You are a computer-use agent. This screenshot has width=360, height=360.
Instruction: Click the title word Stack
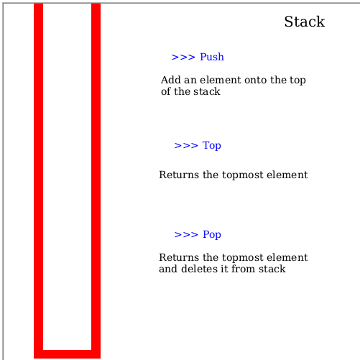pyautogui.click(x=305, y=22)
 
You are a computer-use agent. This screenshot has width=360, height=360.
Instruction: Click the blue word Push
pyautogui.click(x=212, y=57)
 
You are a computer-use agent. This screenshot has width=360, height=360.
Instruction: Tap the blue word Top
pyautogui.click(x=212, y=146)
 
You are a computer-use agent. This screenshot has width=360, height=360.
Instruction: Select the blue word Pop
pyautogui.click(x=212, y=234)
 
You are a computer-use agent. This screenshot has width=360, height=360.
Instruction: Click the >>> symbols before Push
pyautogui.click(x=183, y=57)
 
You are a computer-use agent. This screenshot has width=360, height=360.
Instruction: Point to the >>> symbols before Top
pyautogui.click(x=186, y=146)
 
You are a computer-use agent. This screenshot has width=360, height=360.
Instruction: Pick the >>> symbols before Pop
pyautogui.click(x=186, y=234)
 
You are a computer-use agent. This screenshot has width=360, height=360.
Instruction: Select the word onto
pyautogui.click(x=255, y=80)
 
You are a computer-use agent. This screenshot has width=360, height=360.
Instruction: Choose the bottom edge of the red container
pyautogui.click(x=67, y=354)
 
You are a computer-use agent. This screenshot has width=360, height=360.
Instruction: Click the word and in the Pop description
pyautogui.click(x=168, y=269)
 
